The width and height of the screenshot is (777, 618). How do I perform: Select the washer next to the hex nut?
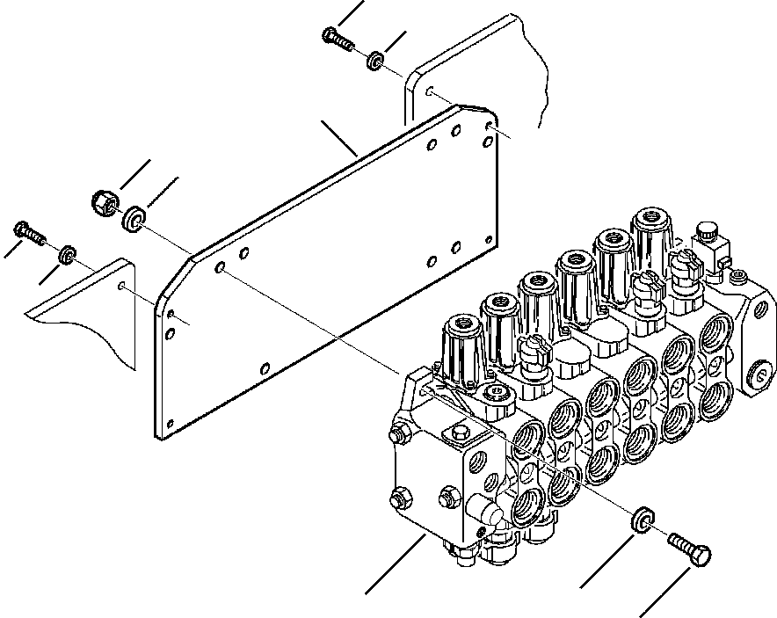[134, 217]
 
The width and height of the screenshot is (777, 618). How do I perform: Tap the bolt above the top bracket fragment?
[337, 38]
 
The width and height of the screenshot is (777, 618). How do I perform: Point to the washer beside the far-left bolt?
[65, 256]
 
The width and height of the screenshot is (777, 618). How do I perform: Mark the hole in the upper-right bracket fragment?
[428, 91]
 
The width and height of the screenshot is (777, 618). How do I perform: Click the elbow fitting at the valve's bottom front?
[485, 511]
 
